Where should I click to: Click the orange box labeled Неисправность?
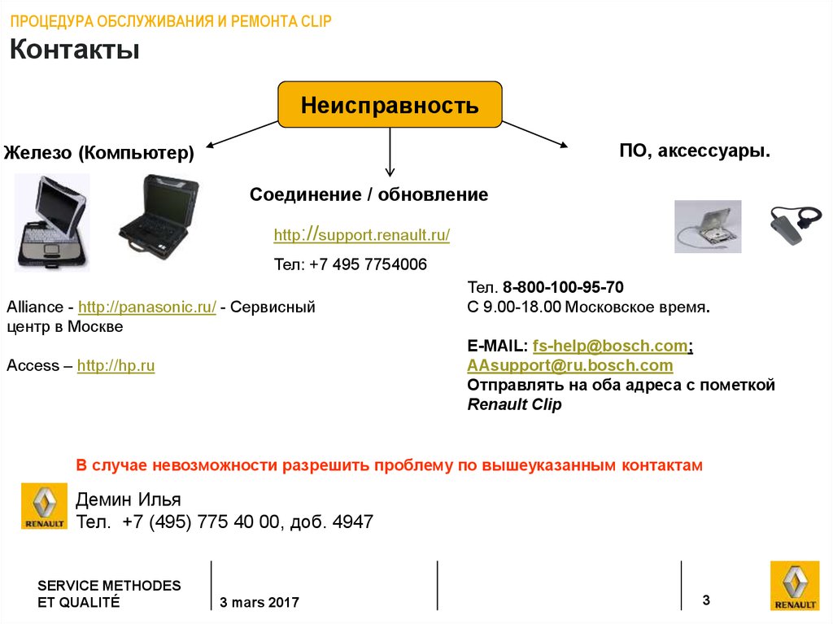(x=390, y=105)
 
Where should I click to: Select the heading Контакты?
(x=75, y=50)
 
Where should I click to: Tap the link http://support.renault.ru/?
(x=361, y=235)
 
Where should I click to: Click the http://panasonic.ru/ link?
(x=146, y=308)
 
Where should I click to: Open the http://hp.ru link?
(x=116, y=366)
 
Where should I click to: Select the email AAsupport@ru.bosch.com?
(x=569, y=365)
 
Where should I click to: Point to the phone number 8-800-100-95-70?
(x=563, y=287)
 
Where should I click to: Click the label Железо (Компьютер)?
(x=99, y=152)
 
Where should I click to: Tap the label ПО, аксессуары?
(x=695, y=151)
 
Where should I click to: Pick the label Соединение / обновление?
(x=369, y=194)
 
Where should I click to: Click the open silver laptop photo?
(x=50, y=221)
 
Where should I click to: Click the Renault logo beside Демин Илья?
(x=44, y=507)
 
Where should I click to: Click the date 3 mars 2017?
(x=259, y=603)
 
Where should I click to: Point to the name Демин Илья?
(x=128, y=500)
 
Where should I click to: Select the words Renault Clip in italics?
(x=514, y=404)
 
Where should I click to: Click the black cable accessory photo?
(x=796, y=224)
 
